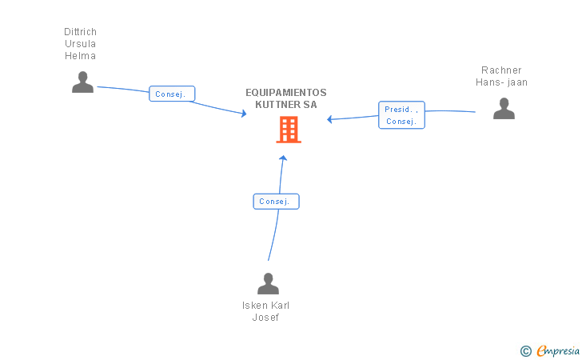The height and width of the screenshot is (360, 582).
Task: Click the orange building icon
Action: [289, 129]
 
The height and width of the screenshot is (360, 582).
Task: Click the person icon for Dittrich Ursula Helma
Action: [82, 82]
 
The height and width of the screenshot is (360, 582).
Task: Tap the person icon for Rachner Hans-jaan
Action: [504, 108]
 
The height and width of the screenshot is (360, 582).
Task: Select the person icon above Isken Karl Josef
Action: [268, 283]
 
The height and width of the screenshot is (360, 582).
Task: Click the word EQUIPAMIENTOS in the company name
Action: [285, 93]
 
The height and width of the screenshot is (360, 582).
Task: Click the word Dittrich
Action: [81, 32]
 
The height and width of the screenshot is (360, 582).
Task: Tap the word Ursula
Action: [81, 44]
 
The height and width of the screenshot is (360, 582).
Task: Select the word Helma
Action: [81, 56]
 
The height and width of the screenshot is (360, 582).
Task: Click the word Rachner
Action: [501, 70]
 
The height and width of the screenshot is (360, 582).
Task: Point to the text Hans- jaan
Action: [501, 82]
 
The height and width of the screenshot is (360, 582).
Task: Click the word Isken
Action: [256, 306]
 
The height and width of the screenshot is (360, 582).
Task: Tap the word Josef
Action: [265, 318]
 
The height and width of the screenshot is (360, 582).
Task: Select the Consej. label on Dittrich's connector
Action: [172, 94]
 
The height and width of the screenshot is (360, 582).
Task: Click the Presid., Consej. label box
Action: [401, 115]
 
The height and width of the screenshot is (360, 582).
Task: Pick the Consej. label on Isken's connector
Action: [276, 202]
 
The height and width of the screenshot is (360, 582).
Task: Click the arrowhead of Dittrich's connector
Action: [244, 114]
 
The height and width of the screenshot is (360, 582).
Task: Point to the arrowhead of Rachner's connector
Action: [329, 120]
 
